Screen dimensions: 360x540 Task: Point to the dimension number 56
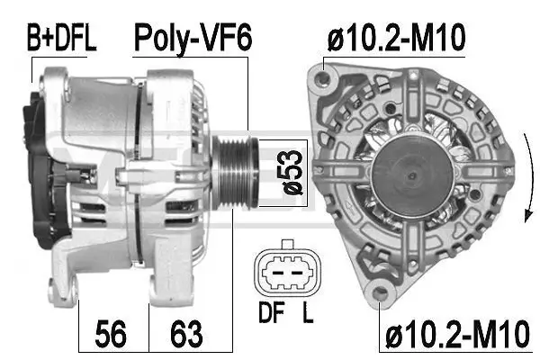click(112, 337)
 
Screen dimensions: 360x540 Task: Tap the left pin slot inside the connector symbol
click(276, 272)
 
